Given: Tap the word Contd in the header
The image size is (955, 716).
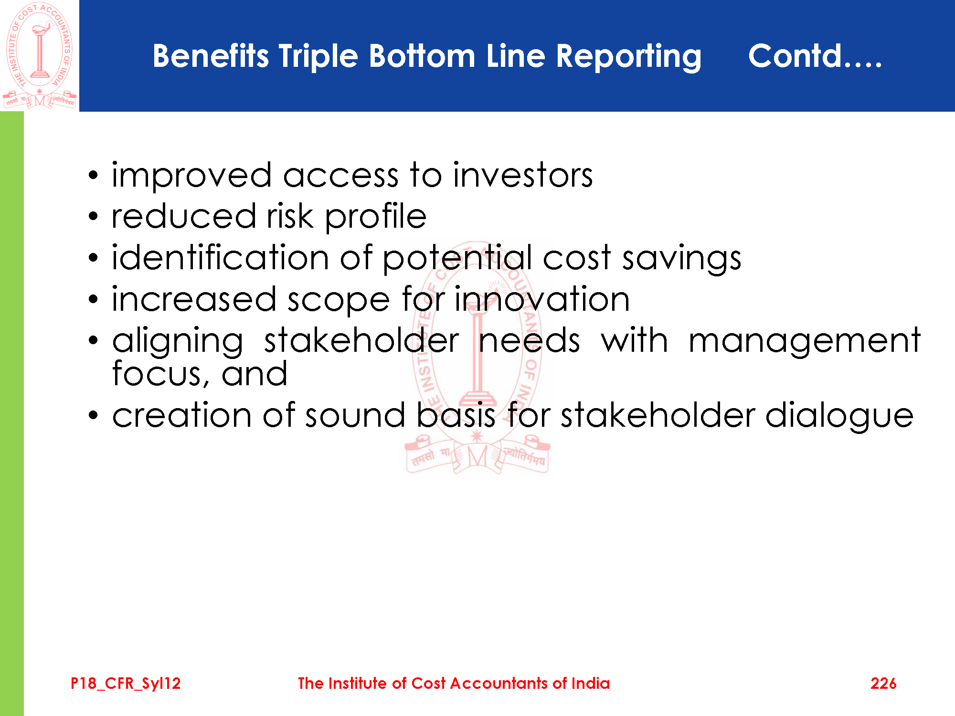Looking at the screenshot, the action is [x=795, y=56].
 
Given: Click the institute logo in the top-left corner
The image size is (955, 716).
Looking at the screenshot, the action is [x=39, y=55].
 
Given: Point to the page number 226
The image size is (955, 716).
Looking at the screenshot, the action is [x=883, y=683].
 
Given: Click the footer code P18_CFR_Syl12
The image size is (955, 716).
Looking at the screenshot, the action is [x=126, y=684].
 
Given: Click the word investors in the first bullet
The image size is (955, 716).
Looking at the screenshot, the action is [x=523, y=175].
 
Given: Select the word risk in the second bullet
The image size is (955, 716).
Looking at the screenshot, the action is [x=290, y=216].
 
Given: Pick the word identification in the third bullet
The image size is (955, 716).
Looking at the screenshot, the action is [x=220, y=257].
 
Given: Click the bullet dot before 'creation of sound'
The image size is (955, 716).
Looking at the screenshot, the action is [x=93, y=415].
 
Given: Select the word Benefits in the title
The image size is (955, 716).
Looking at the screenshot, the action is [x=211, y=56].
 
